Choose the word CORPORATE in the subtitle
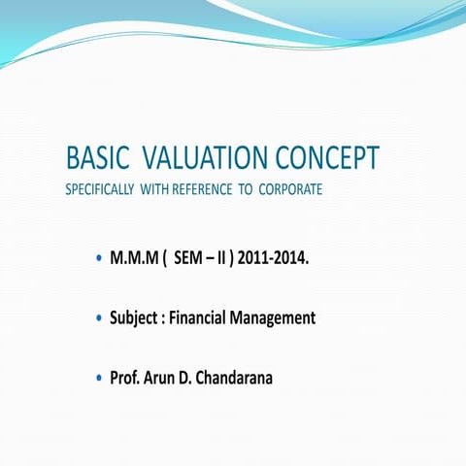[290, 189]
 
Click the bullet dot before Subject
[100, 318]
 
